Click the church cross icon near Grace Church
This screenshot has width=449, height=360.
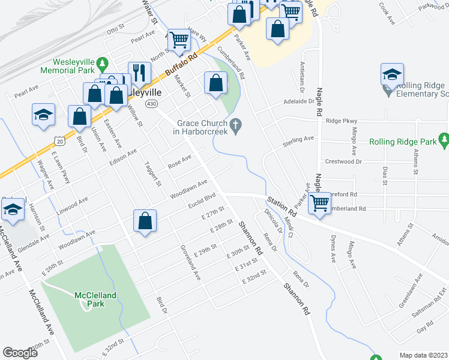click(x=237, y=125)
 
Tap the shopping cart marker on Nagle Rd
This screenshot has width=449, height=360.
click(x=319, y=203)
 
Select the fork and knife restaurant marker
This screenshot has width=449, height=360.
click(x=139, y=73)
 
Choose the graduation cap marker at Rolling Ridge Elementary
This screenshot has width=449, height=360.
click(x=392, y=74)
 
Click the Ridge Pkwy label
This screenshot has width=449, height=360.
click(x=341, y=121)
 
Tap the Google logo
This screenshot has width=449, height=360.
click(x=20, y=353)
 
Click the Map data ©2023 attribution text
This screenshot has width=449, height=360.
click(x=424, y=355)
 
